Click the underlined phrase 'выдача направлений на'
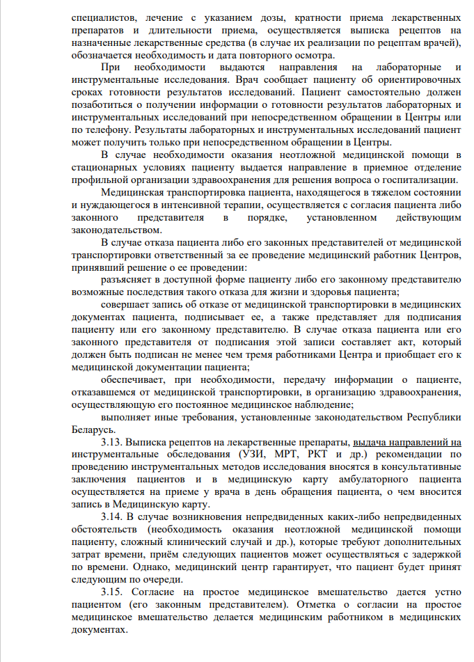[408, 442]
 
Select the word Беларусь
[93, 429]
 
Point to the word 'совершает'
[125, 304]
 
